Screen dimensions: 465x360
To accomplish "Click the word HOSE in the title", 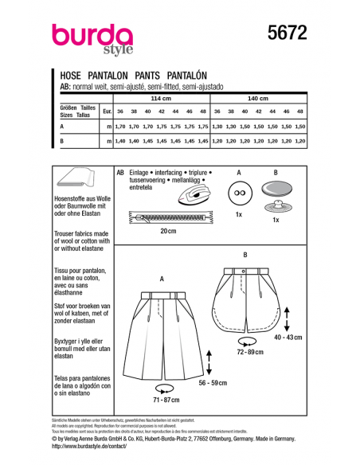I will pos(76,71).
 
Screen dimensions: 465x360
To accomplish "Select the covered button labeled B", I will pos(276,193).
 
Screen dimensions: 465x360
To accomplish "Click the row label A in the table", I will pos(62,127).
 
